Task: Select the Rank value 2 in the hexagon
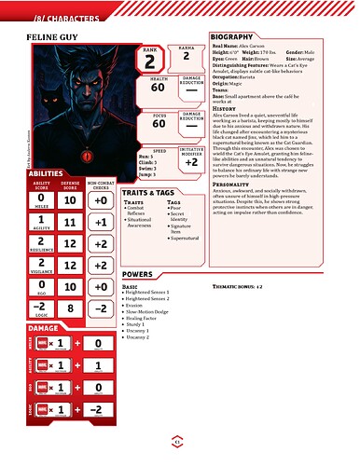pos(148,62)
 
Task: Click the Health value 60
pos(158,89)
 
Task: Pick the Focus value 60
pos(158,122)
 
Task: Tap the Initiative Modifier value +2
pos(190,161)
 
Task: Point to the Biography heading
pos(238,34)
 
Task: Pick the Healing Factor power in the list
pos(143,317)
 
